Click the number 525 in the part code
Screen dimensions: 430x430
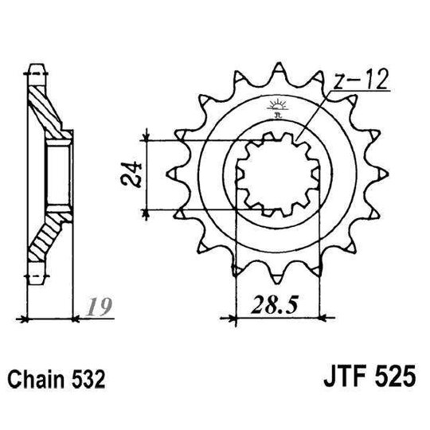pos(390,375)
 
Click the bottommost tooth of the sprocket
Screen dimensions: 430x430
pos(278,275)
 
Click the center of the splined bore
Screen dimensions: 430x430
pos(278,173)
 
